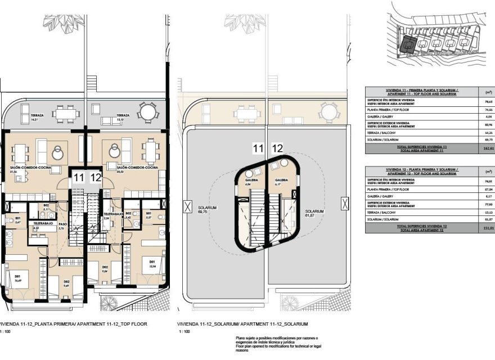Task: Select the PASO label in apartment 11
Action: [x=62, y=226]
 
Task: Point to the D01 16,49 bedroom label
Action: [x=17, y=278]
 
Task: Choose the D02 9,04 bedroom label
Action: [x=105, y=268]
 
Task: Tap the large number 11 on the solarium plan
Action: [x=258, y=148]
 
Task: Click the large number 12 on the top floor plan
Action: [x=96, y=178]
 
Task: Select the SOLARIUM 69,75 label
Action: [x=207, y=210]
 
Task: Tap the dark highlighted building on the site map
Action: [x=408, y=43]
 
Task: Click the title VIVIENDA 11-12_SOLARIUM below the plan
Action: [x=242, y=324]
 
